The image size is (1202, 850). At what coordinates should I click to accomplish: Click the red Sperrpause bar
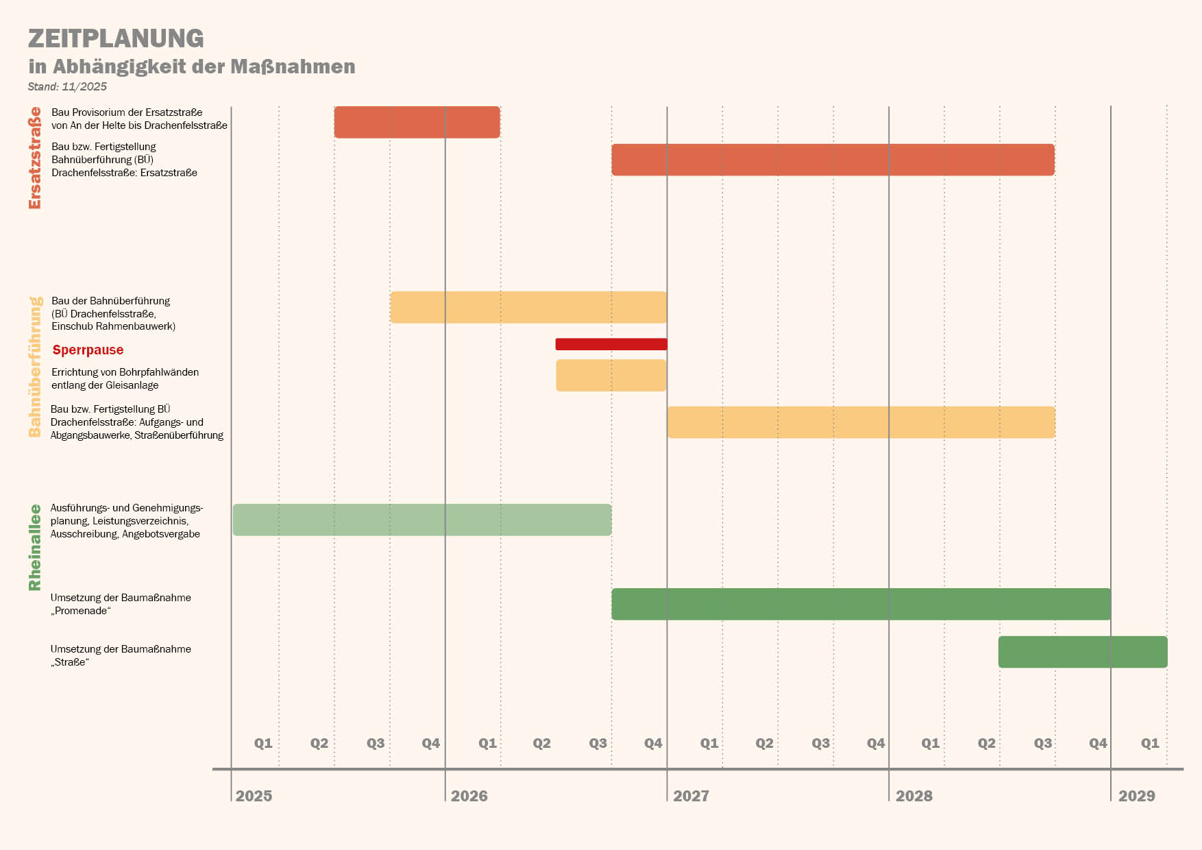click(611, 344)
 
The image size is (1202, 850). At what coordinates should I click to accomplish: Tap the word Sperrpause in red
click(88, 350)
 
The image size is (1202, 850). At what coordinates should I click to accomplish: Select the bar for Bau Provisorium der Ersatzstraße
click(417, 122)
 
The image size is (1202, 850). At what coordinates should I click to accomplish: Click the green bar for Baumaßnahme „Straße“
click(1083, 652)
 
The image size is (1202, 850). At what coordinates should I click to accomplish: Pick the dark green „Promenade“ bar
click(861, 604)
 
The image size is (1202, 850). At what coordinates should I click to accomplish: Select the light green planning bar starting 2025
click(422, 520)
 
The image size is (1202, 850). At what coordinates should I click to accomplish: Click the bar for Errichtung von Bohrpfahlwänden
click(611, 375)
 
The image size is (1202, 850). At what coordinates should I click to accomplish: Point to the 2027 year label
click(691, 796)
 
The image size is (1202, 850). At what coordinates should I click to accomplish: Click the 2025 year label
click(254, 796)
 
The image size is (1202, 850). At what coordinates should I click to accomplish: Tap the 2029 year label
click(1136, 796)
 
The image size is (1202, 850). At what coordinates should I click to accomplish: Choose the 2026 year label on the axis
click(469, 796)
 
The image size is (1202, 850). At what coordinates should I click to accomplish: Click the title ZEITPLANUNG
click(116, 38)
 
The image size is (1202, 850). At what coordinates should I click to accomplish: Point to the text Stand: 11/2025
click(67, 86)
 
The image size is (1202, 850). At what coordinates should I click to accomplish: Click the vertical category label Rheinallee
click(35, 547)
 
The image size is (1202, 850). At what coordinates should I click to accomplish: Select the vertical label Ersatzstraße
click(35, 158)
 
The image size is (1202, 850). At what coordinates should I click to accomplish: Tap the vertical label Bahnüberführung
click(35, 367)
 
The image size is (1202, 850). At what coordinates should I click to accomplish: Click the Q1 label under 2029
click(1150, 743)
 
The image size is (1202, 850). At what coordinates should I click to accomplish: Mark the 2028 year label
click(913, 796)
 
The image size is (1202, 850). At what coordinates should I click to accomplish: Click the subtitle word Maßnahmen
click(293, 66)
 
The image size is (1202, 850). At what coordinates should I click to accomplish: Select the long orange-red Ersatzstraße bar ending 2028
click(833, 160)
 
